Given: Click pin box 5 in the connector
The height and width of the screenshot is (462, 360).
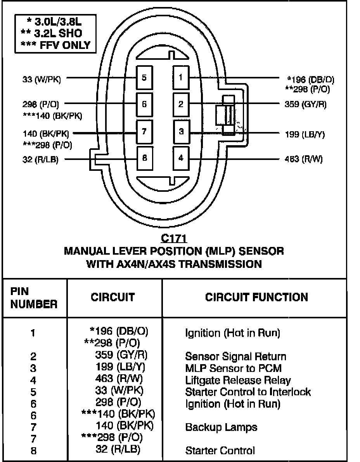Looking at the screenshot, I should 144,78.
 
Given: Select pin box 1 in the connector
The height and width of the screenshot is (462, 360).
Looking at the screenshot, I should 181,78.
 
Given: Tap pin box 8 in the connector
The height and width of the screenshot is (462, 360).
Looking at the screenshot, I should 144,158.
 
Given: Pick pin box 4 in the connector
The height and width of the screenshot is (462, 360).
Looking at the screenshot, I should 181,158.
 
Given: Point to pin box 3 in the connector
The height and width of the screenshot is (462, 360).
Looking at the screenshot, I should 181,132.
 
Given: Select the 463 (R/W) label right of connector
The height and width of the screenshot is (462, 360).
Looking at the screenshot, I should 303,159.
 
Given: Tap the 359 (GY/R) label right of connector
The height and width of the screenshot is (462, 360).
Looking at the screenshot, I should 305,104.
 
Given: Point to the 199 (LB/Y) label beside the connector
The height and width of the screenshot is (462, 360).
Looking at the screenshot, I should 305,135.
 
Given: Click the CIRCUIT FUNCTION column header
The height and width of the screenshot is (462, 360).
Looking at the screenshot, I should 256,297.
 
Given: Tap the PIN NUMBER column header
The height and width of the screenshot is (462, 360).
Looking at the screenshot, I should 33,297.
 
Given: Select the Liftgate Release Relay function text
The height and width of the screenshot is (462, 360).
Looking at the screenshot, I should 238,380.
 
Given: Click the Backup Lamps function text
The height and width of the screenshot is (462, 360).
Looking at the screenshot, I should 221,427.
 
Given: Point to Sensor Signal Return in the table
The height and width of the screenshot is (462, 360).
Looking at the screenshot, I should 235,356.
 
